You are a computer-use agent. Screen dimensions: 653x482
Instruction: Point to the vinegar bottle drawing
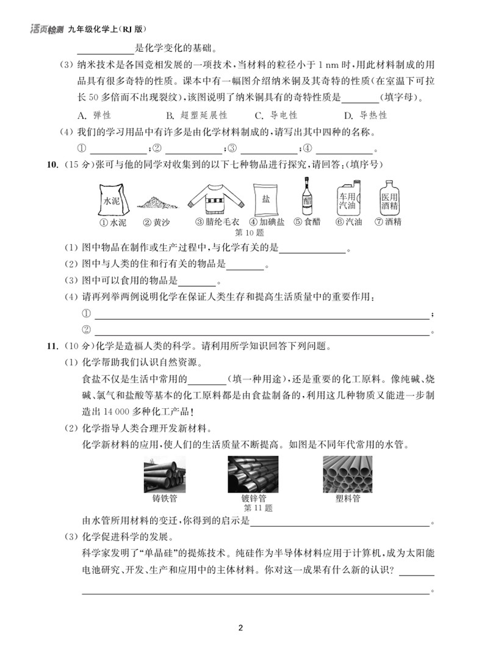pyautogui.click(x=306, y=196)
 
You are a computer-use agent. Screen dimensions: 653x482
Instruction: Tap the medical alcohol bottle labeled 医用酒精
pyautogui.click(x=389, y=196)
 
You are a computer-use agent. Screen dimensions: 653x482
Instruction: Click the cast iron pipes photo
pyautogui.click(x=165, y=474)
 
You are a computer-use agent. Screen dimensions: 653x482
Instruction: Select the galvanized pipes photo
pyautogui.click(x=253, y=474)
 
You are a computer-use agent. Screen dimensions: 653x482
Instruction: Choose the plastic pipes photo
pyautogui.click(x=348, y=474)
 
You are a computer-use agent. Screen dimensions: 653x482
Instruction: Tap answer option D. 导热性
pyautogui.click(x=365, y=115)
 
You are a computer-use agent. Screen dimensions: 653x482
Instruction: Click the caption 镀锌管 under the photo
pyautogui.click(x=253, y=498)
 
